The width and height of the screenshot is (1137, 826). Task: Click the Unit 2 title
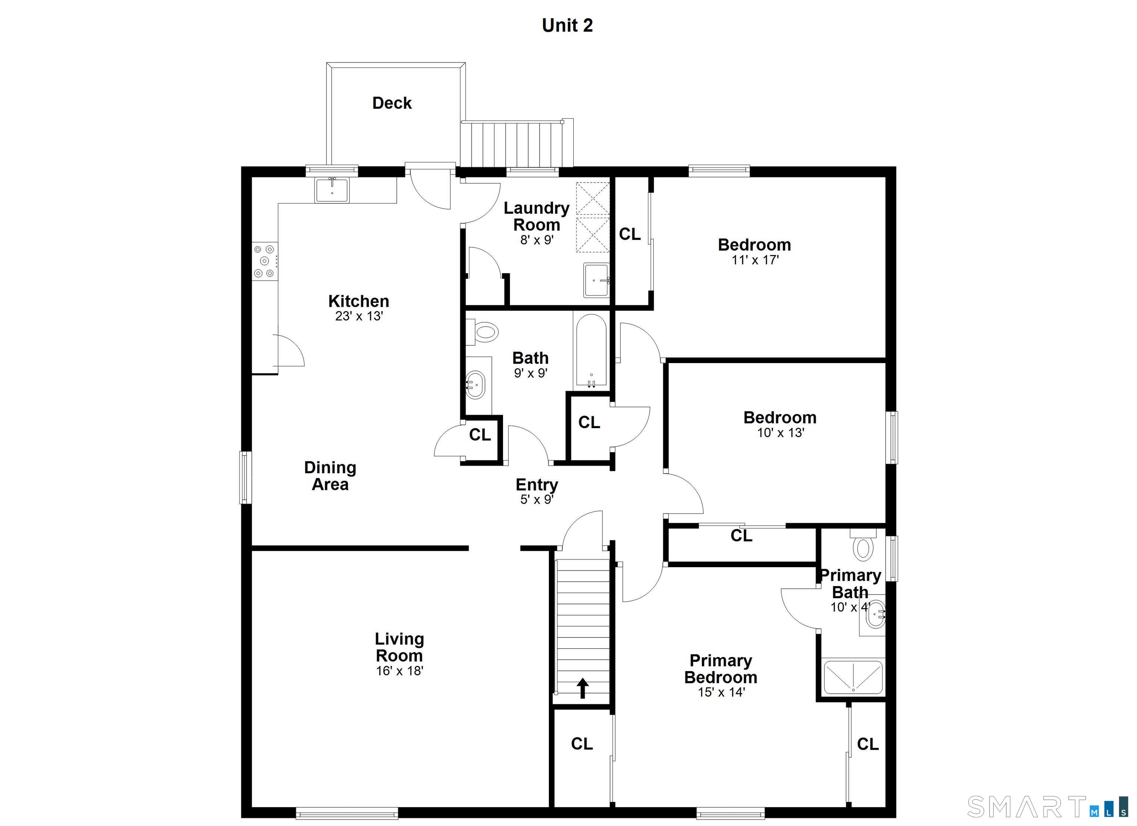[x=567, y=26]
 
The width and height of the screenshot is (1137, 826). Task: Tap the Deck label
[x=392, y=103]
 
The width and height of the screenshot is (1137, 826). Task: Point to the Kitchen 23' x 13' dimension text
[x=359, y=316]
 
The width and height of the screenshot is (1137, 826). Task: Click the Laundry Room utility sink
[x=597, y=280]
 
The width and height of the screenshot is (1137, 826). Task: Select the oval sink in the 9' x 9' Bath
[x=476, y=385]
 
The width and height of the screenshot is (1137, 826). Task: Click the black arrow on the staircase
[x=582, y=688]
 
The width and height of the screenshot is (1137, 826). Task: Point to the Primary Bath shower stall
[x=853, y=678]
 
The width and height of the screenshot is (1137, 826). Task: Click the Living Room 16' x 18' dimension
[x=400, y=671]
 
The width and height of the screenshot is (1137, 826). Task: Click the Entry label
[x=537, y=484]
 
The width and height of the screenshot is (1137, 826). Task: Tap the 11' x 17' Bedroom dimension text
[x=755, y=260]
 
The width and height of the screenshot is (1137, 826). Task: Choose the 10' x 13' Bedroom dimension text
[x=781, y=433]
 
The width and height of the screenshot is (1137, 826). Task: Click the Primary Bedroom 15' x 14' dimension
[x=721, y=692]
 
